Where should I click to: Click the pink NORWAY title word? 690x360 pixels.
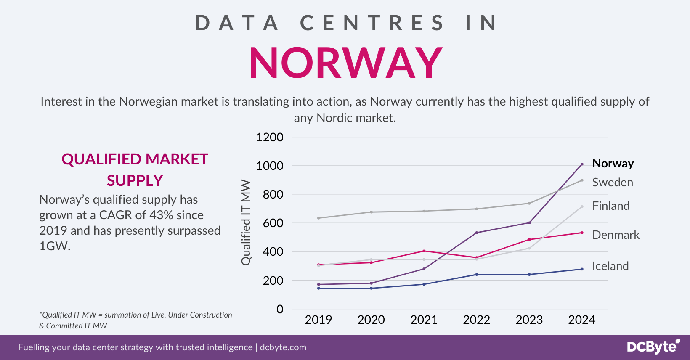pyautogui.click(x=345, y=63)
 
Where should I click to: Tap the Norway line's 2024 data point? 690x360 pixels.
pyautogui.click(x=582, y=164)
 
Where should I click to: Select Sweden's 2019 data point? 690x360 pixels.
pyautogui.click(x=318, y=218)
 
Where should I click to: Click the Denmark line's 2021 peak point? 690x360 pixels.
pyautogui.click(x=424, y=251)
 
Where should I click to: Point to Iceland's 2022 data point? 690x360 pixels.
pyautogui.click(x=477, y=275)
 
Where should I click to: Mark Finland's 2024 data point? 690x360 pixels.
pyautogui.click(x=582, y=207)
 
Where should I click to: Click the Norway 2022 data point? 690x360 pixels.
pyautogui.click(x=477, y=233)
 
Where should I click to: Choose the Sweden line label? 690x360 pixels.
pyautogui.click(x=612, y=183)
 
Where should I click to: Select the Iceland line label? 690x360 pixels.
pyautogui.click(x=610, y=266)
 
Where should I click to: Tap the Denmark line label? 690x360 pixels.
pyautogui.click(x=616, y=235)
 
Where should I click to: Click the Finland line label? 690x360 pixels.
pyautogui.click(x=610, y=206)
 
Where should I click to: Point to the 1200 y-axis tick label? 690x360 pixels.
pyautogui.click(x=270, y=137)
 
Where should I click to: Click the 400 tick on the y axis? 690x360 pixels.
pyautogui.click(x=273, y=252)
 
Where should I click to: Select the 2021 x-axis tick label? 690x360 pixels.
pyautogui.click(x=424, y=320)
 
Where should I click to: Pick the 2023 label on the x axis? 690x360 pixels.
pyautogui.click(x=529, y=320)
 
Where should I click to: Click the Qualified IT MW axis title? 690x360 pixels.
pyautogui.click(x=246, y=223)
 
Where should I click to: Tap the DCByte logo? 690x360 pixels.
pyautogui.click(x=653, y=347)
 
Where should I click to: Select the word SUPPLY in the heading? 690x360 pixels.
pyautogui.click(x=135, y=180)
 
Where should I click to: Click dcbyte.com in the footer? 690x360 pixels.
pyautogui.click(x=283, y=347)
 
